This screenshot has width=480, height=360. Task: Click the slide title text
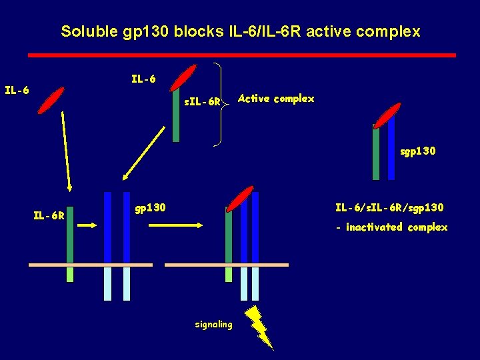(240, 31)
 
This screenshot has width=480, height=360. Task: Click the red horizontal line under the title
(241, 55)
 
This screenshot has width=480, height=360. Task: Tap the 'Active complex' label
(275, 99)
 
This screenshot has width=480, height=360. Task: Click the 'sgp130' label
(418, 151)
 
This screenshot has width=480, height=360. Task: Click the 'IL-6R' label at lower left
(49, 215)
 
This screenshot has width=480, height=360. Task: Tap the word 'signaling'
(213, 325)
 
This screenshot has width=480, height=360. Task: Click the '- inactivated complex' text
(391, 227)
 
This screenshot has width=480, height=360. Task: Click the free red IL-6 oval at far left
(51, 101)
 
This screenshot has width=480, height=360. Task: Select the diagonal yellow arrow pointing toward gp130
(145, 153)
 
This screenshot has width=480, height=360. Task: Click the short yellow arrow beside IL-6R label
(87, 225)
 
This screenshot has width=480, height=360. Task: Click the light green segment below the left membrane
(70, 275)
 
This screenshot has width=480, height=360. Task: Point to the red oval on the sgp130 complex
(387, 115)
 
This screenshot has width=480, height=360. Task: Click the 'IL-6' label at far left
(16, 89)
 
